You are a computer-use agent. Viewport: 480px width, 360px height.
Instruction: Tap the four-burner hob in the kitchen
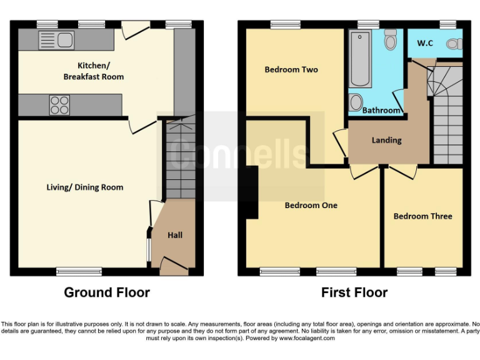point(59,104)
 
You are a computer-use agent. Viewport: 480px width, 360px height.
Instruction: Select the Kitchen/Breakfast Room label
point(93,71)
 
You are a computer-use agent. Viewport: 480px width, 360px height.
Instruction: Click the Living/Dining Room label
point(85,187)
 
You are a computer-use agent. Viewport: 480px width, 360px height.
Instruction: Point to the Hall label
point(175,235)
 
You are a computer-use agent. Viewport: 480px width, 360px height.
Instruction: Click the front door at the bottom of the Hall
point(174,267)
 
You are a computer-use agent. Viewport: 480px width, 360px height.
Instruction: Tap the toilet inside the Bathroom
point(391,40)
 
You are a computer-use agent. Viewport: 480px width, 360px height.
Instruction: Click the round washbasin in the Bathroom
point(356,102)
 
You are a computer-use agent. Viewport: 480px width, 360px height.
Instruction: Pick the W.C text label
point(425,43)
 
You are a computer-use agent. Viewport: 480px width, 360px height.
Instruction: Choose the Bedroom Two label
point(291,69)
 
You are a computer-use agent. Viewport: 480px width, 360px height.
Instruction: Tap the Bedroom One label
point(311,205)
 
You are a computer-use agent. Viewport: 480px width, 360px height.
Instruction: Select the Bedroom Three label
point(422,216)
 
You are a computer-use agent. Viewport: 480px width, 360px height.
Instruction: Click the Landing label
point(386,140)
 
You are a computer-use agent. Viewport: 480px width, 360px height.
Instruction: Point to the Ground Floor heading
point(107,292)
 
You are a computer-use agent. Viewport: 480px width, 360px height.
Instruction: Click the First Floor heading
point(354,292)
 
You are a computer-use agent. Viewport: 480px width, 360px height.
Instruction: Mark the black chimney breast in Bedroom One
point(252,192)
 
